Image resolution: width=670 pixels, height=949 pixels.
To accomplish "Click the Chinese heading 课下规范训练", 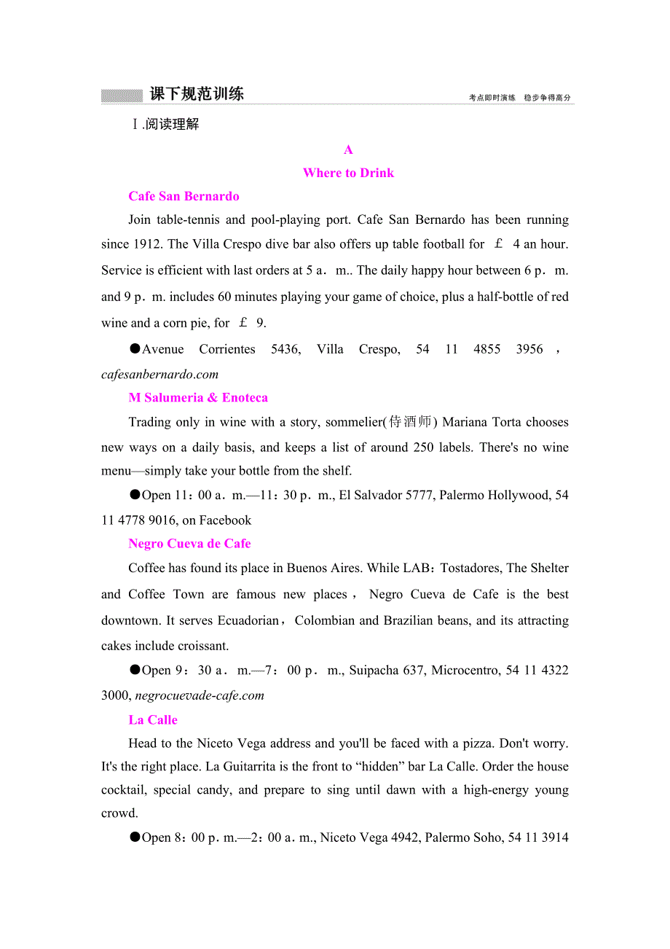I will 197,94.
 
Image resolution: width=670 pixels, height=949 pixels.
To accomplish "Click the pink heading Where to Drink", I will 348,173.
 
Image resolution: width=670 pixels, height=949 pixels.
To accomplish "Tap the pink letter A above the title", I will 348,149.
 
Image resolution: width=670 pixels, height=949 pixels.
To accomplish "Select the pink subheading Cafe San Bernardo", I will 184,196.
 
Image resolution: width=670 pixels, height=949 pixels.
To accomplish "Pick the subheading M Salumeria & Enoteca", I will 198,397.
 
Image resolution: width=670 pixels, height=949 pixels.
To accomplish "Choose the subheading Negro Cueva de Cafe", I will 189,544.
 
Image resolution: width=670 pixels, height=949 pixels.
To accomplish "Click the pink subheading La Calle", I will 153,719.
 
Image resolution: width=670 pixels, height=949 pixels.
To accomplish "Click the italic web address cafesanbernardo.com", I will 160,374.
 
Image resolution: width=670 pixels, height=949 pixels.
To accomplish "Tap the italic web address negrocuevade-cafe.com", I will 200,695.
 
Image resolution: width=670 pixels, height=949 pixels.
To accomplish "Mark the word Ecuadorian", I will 248,620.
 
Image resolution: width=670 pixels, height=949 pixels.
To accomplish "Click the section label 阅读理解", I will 172,124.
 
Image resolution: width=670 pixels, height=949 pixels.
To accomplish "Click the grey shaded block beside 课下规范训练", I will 122,95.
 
